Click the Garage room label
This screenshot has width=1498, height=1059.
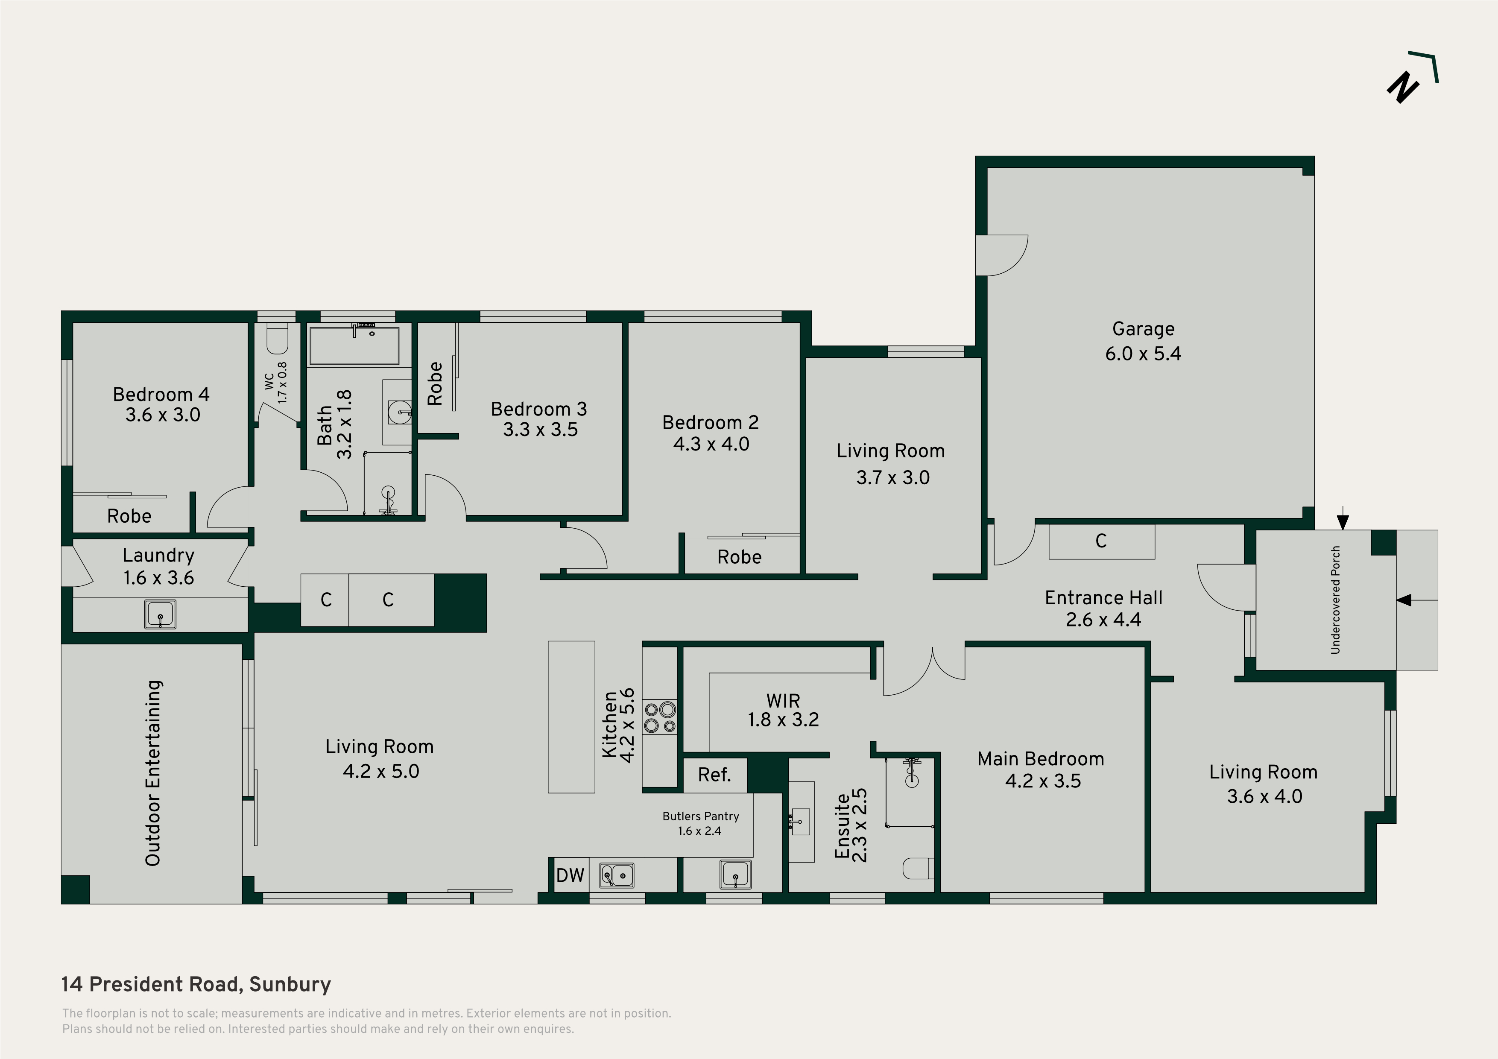[x=1143, y=329]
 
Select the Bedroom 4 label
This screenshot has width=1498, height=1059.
[x=161, y=394]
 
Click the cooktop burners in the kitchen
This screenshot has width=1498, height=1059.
[x=660, y=717]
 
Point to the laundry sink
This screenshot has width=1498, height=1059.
[x=160, y=614]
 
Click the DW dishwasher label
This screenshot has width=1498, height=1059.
[x=570, y=875]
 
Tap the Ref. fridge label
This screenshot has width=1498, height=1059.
[x=714, y=775]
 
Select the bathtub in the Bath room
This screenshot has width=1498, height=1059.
[x=354, y=346]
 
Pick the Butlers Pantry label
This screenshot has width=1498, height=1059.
[x=701, y=816]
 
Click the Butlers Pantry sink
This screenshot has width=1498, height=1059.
[x=735, y=875]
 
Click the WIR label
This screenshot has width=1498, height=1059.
[x=783, y=701]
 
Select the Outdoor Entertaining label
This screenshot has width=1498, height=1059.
[x=153, y=773]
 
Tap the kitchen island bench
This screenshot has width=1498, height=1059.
[x=571, y=717]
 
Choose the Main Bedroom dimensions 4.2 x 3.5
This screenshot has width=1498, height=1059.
[x=1043, y=781]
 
